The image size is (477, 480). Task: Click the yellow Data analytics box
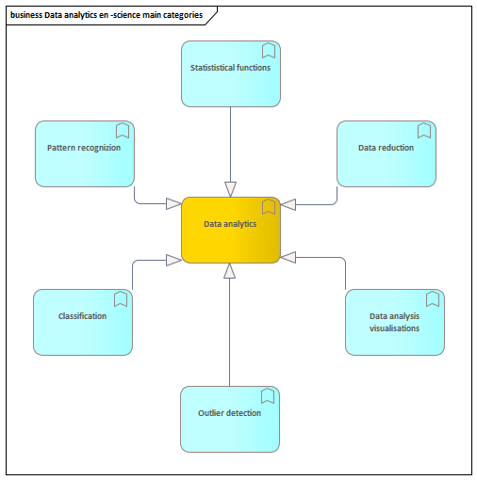click(x=231, y=230)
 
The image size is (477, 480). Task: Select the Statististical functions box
click(x=231, y=73)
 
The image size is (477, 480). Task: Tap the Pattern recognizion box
click(x=85, y=153)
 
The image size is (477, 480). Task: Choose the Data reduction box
click(x=387, y=153)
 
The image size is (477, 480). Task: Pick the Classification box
click(x=83, y=322)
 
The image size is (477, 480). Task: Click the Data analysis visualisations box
click(x=395, y=322)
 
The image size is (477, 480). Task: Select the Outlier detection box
click(x=230, y=419)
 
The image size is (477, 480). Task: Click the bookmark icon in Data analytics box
click(x=269, y=207)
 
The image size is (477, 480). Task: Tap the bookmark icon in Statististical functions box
click(x=269, y=51)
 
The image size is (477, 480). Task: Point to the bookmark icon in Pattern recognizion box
click(x=123, y=131)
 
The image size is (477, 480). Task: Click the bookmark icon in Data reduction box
click(x=424, y=131)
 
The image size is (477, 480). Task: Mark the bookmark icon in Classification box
click(x=121, y=299)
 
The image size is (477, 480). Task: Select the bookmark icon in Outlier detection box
click(x=268, y=396)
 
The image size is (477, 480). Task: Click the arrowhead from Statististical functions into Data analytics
click(x=230, y=189)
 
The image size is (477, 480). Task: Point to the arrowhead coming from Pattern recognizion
click(x=173, y=204)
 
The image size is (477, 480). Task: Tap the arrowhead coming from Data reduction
click(x=288, y=204)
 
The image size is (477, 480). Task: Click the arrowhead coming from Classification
click(x=173, y=260)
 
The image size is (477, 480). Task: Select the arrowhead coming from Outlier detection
click(x=229, y=271)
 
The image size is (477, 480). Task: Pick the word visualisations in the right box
click(x=394, y=328)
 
